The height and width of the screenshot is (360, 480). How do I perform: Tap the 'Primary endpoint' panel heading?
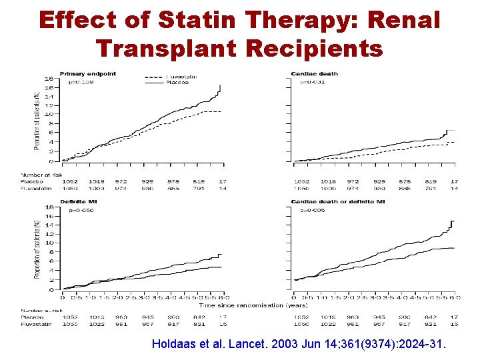[x=87, y=73]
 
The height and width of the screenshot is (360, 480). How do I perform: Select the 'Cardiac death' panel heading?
[x=314, y=73]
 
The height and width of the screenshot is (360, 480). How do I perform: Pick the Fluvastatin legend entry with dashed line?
[x=180, y=77]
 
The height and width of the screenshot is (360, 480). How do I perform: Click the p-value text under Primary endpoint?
[x=82, y=82]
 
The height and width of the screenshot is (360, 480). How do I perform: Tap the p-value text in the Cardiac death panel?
[x=313, y=82]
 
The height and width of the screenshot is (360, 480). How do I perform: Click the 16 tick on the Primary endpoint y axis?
[x=48, y=78]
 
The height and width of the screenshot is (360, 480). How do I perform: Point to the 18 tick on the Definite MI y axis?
[x=48, y=207]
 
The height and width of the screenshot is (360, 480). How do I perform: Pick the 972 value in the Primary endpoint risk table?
[x=121, y=181]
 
